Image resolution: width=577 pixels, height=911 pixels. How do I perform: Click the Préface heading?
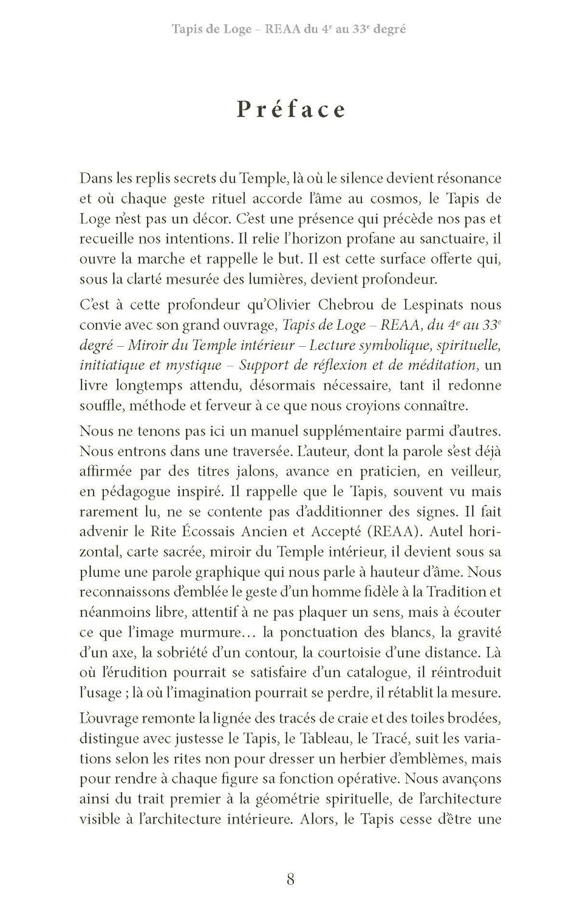coord(291,109)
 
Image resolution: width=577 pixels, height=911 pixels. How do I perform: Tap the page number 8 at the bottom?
coord(290,879)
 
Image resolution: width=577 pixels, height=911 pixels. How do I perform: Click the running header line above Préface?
coord(288,29)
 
